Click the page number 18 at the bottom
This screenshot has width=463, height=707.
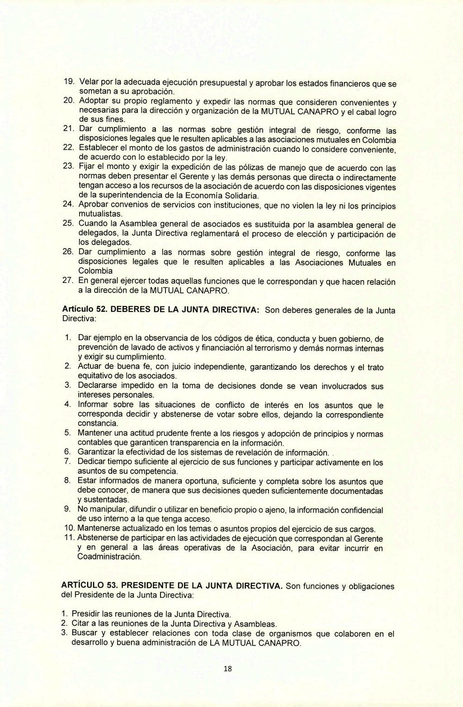(x=227, y=669)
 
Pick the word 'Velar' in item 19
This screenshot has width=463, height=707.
(x=89, y=82)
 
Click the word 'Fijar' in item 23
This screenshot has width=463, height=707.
(x=86, y=167)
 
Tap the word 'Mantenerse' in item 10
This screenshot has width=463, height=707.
(x=98, y=528)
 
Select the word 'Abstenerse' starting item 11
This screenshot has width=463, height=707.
(x=98, y=538)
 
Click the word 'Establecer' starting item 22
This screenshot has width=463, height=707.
(x=98, y=148)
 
